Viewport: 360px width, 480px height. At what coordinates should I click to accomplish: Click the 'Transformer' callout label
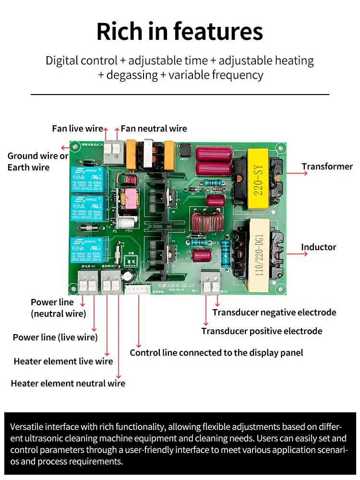[x=327, y=167]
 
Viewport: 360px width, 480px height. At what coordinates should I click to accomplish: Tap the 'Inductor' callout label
[x=318, y=247]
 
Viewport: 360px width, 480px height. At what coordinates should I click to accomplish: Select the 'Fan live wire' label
[x=77, y=129]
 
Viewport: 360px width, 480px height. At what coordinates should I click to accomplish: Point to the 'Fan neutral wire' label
[x=154, y=129]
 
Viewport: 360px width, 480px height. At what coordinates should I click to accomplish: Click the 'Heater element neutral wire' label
[x=68, y=384]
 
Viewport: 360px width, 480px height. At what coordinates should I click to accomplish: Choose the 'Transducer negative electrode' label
[x=274, y=312]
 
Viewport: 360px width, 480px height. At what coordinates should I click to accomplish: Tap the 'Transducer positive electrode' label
[x=262, y=331]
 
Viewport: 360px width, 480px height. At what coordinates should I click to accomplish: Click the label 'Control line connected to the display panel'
[x=216, y=353]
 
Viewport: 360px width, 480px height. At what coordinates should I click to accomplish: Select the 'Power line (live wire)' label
[x=55, y=337]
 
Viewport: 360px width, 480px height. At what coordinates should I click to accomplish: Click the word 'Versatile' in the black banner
[x=28, y=427]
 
